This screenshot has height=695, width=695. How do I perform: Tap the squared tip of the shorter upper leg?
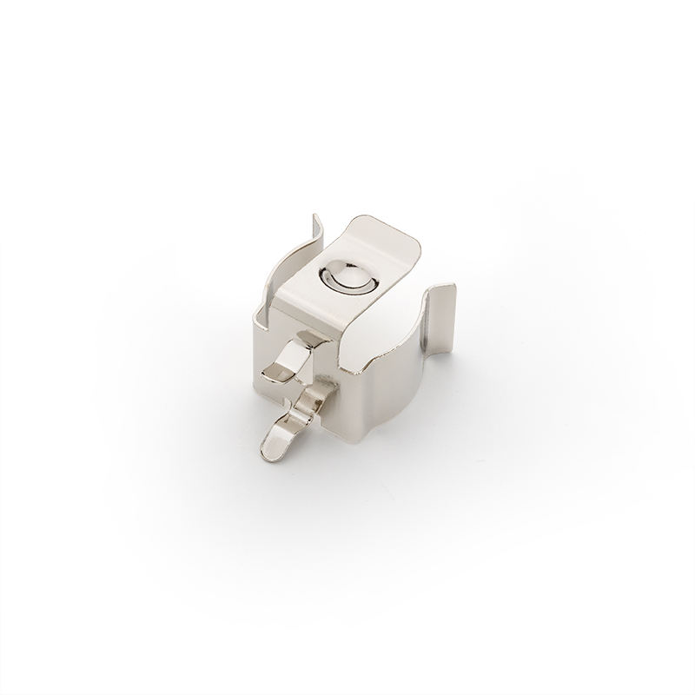pyautogui.click(x=272, y=374)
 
